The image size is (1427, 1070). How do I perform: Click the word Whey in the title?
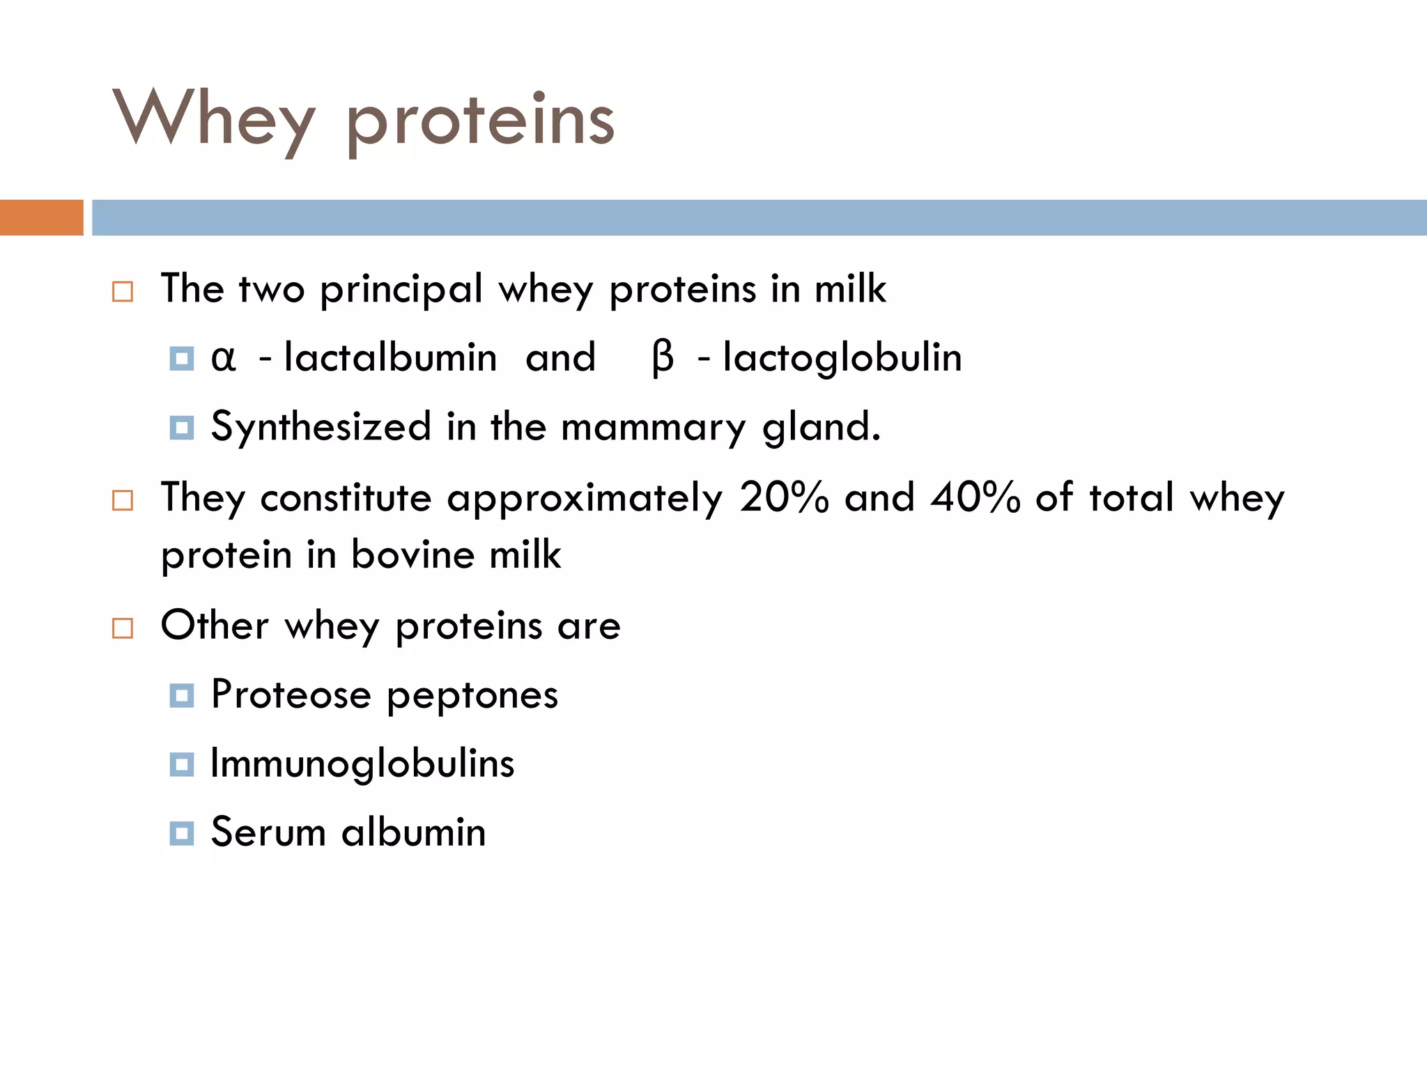click(213, 118)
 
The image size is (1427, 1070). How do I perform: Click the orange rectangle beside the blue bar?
click(41, 217)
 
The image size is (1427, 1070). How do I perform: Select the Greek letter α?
click(223, 358)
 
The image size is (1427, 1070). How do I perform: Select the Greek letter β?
click(663, 358)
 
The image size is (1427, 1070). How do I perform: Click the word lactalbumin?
click(390, 358)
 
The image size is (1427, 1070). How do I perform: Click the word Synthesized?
click(321, 426)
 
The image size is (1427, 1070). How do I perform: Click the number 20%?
click(784, 497)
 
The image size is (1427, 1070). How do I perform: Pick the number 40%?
click(975, 497)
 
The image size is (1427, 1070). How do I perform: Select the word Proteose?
click(291, 695)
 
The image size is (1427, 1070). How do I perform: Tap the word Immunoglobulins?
click(362, 763)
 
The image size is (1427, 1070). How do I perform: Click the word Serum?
click(268, 832)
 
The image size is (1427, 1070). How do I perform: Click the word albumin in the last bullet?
click(413, 832)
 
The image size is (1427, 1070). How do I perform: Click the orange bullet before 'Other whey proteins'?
click(123, 628)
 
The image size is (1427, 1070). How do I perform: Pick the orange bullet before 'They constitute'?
click(123, 500)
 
